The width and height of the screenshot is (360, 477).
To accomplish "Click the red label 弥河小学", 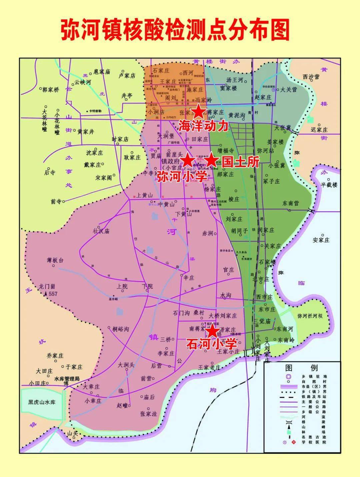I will (182, 176).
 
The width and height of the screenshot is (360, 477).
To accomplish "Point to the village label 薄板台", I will (55, 260).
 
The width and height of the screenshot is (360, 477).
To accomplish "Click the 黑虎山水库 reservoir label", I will (42, 402).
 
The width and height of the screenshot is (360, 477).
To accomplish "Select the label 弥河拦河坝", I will (310, 316).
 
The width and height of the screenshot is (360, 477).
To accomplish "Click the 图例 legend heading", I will (302, 368).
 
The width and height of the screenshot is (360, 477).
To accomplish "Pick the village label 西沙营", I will (311, 77).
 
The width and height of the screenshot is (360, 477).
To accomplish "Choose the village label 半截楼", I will (329, 184).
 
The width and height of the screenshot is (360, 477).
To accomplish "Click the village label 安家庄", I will (321, 240).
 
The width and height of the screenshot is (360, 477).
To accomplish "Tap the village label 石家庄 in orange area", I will (161, 71).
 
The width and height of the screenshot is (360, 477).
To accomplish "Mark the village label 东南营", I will (291, 203).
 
